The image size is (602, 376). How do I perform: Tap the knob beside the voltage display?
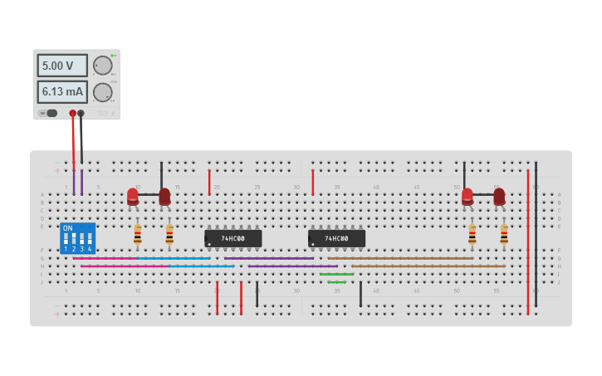pyautogui.click(x=102, y=65)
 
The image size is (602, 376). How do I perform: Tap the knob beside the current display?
pyautogui.click(x=102, y=91)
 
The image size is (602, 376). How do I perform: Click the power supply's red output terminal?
pyautogui.click(x=73, y=113)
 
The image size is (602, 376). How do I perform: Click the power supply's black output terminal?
pyautogui.click(x=81, y=113)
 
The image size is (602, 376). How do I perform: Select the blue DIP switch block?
pyautogui.click(x=77, y=238)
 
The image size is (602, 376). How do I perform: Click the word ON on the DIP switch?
pyautogui.click(x=68, y=228)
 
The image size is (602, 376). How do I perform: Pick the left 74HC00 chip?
pyautogui.click(x=232, y=238)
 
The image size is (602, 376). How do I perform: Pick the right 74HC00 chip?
pyautogui.click(x=336, y=238)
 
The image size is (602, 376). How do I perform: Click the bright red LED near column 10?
pyautogui.click(x=133, y=196)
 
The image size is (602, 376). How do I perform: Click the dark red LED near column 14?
pyautogui.click(x=164, y=196)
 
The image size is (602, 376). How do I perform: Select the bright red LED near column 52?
pyautogui.click(x=467, y=196)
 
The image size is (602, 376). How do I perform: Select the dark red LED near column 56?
pyautogui.click(x=499, y=196)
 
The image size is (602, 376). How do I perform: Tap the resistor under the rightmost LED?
pyautogui.click(x=504, y=235)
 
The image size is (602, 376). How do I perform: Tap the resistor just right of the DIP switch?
pyautogui.click(x=138, y=235)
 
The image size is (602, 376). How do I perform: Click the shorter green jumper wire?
pyautogui.click(x=336, y=282)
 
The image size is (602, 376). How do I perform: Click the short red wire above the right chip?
pyautogui.click(x=312, y=182)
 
